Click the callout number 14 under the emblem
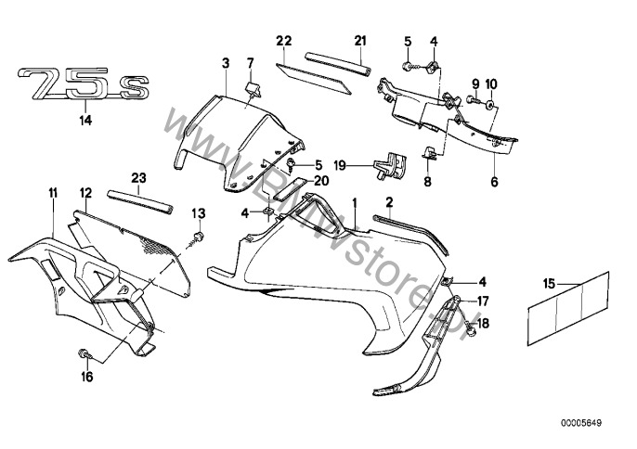pyautogui.click(x=85, y=121)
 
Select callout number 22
pyautogui.click(x=284, y=41)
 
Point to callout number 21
pyautogui.click(x=360, y=41)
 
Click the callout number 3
pyautogui.click(x=226, y=63)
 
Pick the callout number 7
pyautogui.click(x=251, y=63)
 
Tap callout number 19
pyautogui.click(x=340, y=166)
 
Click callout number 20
pyautogui.click(x=321, y=180)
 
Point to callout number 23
pyautogui.click(x=138, y=178)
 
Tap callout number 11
pyautogui.click(x=53, y=193)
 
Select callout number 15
pyautogui.click(x=549, y=284)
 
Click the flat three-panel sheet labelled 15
pyautogui.click(x=568, y=309)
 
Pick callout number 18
pyautogui.click(x=484, y=323)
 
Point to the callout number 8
pyautogui.click(x=427, y=181)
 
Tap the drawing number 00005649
pyautogui.click(x=581, y=423)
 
